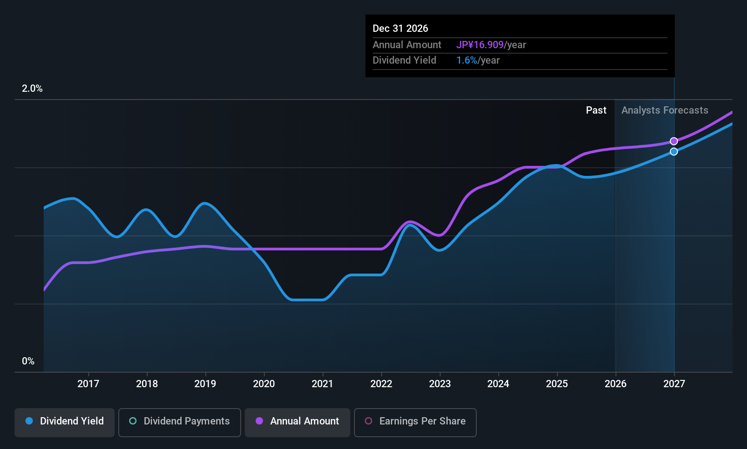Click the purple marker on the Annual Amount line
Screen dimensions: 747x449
click(x=674, y=141)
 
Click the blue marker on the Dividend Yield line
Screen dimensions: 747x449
click(x=674, y=151)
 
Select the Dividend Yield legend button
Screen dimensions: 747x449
click(x=64, y=422)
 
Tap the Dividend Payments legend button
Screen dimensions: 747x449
click(x=179, y=422)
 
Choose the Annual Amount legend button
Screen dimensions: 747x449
click(x=298, y=422)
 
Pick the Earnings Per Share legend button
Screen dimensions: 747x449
click(x=415, y=422)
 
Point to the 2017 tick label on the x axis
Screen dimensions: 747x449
click(x=88, y=384)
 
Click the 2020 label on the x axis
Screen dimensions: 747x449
click(x=264, y=384)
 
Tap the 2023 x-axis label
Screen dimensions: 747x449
click(x=440, y=384)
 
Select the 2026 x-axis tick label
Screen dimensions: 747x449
click(x=616, y=384)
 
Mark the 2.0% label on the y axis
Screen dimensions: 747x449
click(x=32, y=89)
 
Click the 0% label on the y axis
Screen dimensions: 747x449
click(x=28, y=361)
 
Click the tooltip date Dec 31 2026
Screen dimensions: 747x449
click(x=400, y=28)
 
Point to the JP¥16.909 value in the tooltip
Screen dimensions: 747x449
click(x=480, y=45)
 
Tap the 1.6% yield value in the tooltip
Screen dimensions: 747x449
click(x=467, y=60)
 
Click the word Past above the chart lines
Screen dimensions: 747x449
click(x=596, y=110)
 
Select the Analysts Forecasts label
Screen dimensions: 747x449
click(x=665, y=110)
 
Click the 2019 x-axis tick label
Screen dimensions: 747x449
click(x=206, y=384)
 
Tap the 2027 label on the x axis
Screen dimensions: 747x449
click(x=674, y=384)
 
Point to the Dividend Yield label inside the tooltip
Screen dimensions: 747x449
click(x=404, y=60)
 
